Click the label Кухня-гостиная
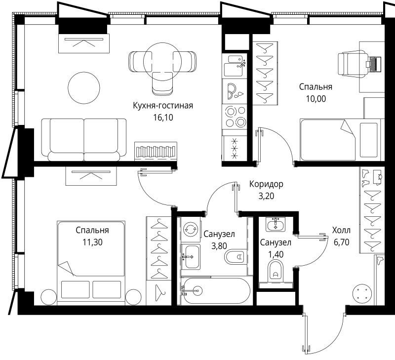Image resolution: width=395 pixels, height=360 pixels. (163, 106)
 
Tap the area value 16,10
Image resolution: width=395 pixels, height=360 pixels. (163, 118)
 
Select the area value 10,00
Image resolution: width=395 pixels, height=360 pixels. (316, 99)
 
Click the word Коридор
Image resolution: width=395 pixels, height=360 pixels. (266, 184)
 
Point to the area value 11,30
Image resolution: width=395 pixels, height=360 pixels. (92, 242)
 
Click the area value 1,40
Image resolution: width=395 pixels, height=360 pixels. (276, 254)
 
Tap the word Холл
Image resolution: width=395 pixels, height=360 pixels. (341, 230)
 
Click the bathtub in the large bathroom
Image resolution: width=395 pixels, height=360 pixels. (216, 291)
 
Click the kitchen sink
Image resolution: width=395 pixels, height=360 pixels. (235, 66)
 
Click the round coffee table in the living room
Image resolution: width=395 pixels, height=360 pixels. (84, 88)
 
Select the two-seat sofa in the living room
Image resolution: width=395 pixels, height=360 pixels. (84, 139)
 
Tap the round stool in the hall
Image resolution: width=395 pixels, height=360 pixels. (362, 294)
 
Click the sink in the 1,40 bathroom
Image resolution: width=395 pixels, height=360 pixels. (276, 224)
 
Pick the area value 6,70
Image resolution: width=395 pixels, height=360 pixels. (341, 242)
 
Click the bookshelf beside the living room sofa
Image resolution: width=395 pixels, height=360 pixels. (156, 151)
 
